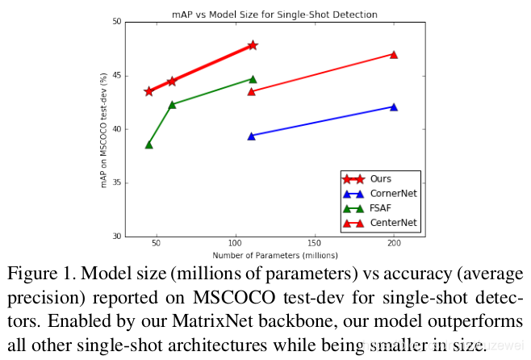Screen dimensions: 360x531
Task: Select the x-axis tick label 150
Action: (314, 243)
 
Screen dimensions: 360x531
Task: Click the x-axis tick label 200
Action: (393, 243)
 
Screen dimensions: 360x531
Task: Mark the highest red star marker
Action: (253, 45)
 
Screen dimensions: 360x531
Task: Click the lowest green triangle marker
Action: (148, 144)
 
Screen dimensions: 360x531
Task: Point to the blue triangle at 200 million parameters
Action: (394, 107)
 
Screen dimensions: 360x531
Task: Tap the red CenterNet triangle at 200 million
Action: (394, 54)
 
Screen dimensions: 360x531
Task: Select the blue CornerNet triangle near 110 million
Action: (252, 136)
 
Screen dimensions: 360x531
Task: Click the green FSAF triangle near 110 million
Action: (253, 79)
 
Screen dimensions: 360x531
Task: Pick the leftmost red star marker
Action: (148, 91)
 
